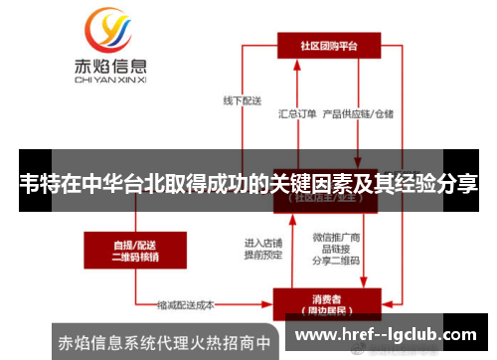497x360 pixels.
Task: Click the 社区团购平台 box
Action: pos(328,45)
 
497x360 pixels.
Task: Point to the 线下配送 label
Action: pos(241,99)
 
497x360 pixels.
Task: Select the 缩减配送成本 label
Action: pos(188,304)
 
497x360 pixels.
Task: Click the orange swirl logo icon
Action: pos(109,33)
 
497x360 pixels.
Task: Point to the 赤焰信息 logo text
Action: pos(110,68)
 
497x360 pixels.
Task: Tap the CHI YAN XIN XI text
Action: pos(110,83)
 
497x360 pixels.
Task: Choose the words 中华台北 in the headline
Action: pos(135,185)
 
